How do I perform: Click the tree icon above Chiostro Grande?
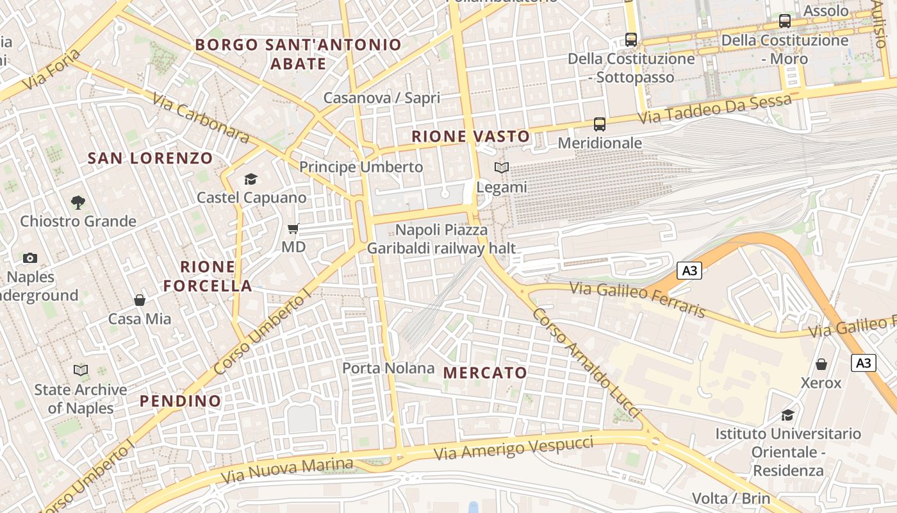78,203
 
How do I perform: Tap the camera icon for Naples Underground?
29,258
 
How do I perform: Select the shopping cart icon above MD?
293,228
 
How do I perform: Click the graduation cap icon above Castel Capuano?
251,179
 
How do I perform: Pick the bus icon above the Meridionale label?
600,124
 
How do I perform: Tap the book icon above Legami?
502,168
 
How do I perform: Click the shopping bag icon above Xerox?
821,364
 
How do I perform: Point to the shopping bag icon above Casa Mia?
139,299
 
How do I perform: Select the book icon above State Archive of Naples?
81,370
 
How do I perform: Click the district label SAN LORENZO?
150,158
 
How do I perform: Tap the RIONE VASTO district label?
471,137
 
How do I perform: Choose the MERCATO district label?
485,373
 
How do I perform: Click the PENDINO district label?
181,401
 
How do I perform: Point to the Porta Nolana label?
388,368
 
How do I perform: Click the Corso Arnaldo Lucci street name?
586,363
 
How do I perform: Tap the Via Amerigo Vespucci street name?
514,447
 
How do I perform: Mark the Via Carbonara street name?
201,117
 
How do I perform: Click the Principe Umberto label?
361,167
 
